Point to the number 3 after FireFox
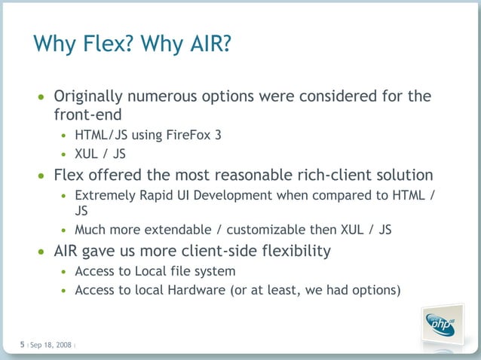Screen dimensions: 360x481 [217, 136]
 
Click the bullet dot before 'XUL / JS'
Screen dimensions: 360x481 [64, 155]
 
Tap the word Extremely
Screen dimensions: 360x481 [103, 195]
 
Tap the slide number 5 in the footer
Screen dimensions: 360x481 [22, 344]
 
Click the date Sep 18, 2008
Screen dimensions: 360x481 [51, 345]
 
